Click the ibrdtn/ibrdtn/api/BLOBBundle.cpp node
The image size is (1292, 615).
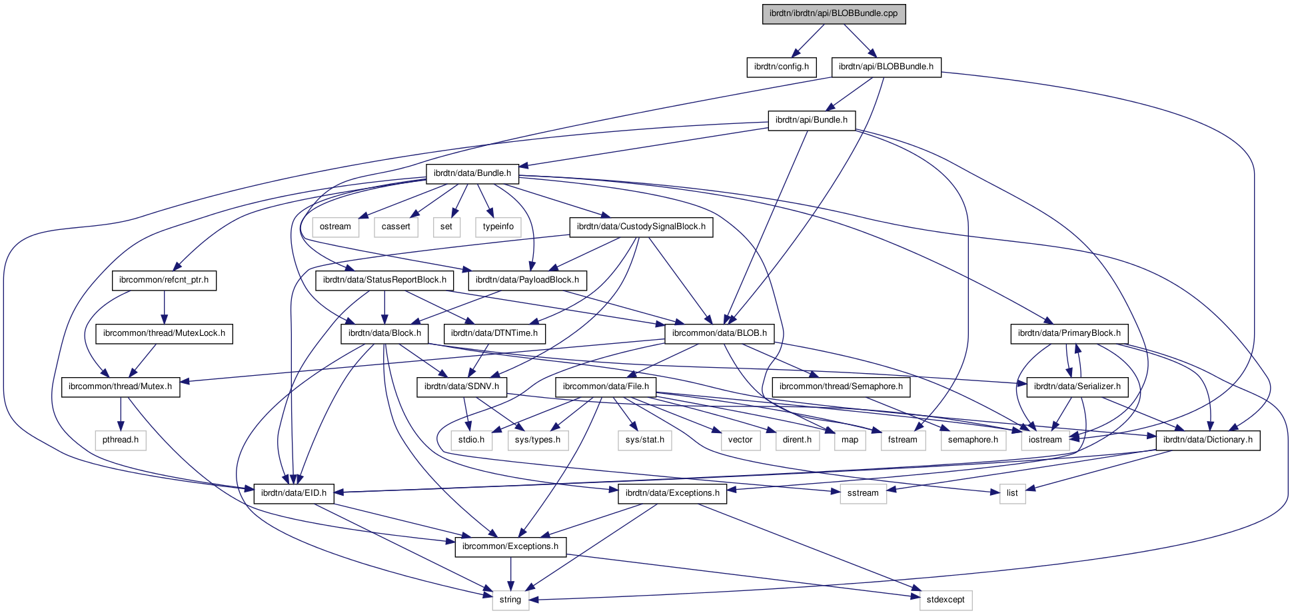(x=834, y=13)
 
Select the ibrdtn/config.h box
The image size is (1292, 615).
(x=781, y=67)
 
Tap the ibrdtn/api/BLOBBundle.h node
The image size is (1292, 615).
(x=886, y=67)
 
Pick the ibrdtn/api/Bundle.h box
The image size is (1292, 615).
(x=811, y=120)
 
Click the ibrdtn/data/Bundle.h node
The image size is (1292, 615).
(x=472, y=173)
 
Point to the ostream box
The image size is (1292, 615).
(x=335, y=227)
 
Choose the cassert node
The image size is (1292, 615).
(x=396, y=227)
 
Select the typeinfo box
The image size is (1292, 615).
(x=498, y=227)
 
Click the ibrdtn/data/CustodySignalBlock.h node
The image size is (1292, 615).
(x=641, y=227)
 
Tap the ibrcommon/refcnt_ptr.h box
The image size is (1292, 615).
(x=164, y=280)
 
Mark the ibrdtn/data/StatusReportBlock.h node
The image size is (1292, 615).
(x=384, y=280)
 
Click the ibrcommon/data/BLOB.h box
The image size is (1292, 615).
(x=719, y=333)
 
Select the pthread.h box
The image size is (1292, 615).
(x=120, y=440)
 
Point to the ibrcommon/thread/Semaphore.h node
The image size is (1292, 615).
(x=841, y=386)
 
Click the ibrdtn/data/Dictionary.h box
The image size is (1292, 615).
(x=1207, y=440)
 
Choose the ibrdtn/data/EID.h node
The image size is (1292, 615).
(x=293, y=493)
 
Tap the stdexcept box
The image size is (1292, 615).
(x=945, y=600)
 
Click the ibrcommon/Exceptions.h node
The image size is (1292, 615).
(x=510, y=546)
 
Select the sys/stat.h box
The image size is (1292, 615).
(x=644, y=440)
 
